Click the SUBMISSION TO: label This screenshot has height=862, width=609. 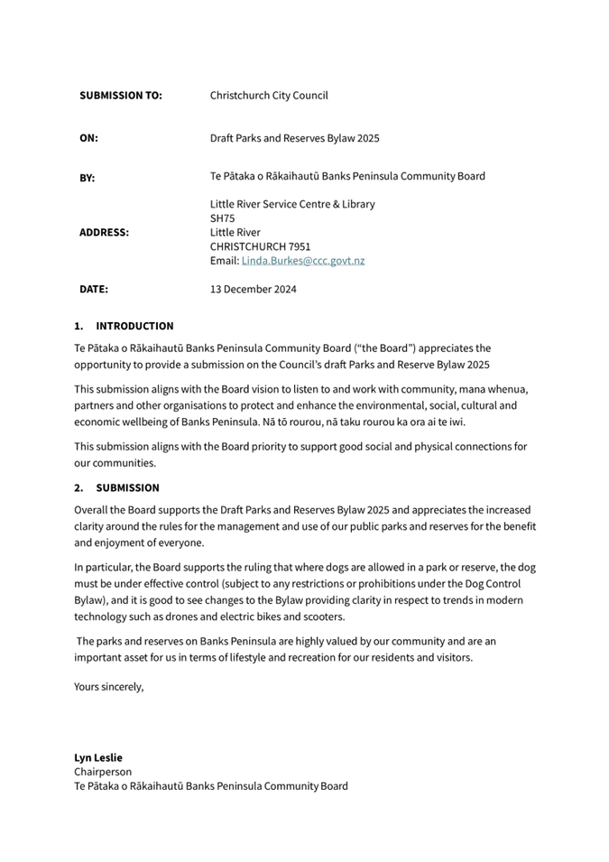pos(121,95)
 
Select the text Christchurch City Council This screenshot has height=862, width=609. pos(269,95)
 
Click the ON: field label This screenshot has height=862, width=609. pos(88,138)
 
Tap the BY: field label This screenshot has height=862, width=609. pos(88,178)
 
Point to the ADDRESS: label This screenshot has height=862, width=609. pos(104,232)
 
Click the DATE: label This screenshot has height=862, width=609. pos(94,290)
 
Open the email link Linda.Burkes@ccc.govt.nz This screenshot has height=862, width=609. pos(303,261)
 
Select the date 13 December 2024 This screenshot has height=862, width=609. pos(253,290)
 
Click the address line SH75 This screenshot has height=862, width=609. pos(222,218)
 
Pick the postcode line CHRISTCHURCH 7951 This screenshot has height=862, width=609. pos(260,246)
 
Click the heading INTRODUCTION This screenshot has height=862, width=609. pos(134,326)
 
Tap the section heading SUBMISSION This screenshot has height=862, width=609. pos(127,487)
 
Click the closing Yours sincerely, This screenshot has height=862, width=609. pos(108,686)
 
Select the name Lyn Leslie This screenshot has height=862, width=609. pos(98,757)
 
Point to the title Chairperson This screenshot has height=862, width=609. pos(103,772)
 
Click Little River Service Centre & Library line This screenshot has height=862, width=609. pos(292,204)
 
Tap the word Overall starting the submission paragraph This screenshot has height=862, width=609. pos(92,510)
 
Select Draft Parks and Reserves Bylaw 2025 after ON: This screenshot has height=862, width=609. pos(294,138)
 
